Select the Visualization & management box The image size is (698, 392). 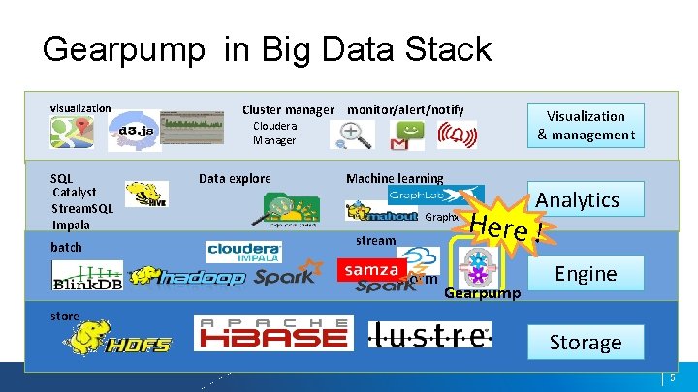coord(587,126)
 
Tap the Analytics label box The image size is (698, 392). coord(577,200)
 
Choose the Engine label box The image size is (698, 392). coord(586,274)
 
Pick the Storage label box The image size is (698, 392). coord(585,343)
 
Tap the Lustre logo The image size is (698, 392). coord(429,334)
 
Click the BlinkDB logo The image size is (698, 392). coord(87,276)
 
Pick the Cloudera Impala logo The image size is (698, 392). coord(243,252)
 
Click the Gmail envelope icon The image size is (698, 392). coord(399,143)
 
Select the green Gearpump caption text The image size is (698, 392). coord(482,293)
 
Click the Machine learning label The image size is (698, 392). coord(394,179)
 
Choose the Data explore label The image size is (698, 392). coord(235,178)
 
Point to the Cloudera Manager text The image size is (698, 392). coord(274,134)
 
